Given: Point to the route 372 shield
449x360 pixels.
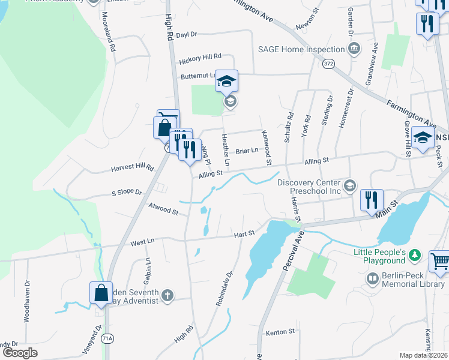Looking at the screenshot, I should pyautogui.click(x=328, y=63).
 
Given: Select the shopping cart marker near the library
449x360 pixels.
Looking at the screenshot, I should pyautogui.click(x=440, y=262).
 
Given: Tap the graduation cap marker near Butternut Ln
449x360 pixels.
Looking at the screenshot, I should pyautogui.click(x=227, y=81).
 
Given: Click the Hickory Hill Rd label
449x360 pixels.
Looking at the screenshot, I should pyautogui.click(x=200, y=58).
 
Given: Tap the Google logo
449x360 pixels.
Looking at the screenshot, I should pyautogui.click(x=20, y=352).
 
